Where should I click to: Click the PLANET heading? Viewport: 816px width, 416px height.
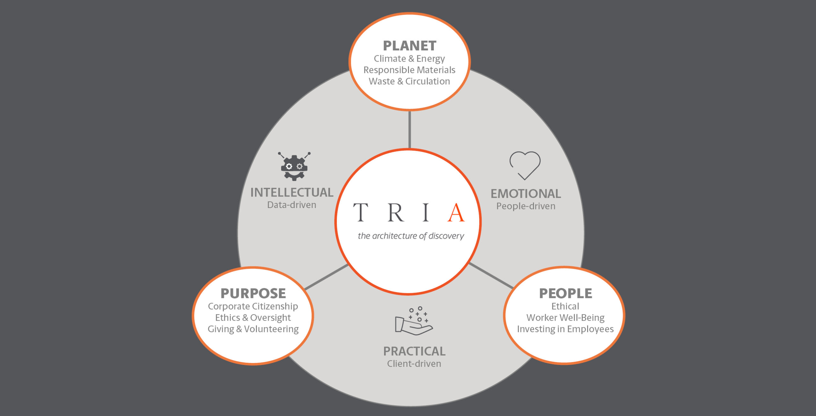pos(409,46)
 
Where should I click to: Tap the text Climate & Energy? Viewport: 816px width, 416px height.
pos(409,59)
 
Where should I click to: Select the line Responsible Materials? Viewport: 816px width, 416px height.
pos(409,70)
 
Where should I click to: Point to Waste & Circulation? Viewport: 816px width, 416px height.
pos(409,81)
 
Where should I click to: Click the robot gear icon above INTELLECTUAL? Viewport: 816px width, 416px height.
pos(294,166)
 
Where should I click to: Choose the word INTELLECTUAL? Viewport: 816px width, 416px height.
pos(292,192)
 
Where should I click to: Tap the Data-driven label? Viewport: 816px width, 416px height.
pos(292,205)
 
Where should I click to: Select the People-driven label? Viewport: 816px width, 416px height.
pos(526,206)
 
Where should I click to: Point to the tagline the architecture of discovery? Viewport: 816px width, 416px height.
pos(411,236)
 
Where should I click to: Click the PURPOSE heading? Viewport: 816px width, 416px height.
pos(253,293)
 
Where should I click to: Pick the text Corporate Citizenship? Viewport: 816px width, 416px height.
pos(253,306)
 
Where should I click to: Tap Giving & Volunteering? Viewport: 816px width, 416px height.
pos(253,329)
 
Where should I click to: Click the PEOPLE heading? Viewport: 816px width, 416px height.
pos(565,293)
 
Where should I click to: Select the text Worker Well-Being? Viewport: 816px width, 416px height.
pos(565,318)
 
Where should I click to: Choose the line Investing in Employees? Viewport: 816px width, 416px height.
pos(565,329)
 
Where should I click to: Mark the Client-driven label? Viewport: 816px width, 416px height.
pos(414,364)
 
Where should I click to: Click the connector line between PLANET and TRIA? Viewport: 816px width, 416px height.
pos(410,130)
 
